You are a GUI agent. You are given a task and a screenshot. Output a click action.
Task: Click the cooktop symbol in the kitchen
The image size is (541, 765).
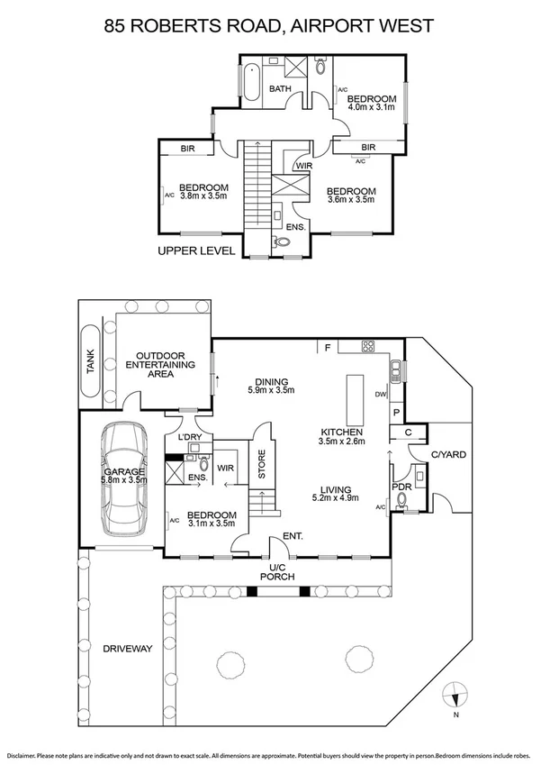pyautogui.click(x=368, y=346)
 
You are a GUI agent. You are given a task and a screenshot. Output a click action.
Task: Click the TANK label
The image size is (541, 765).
pyautogui.click(x=89, y=365)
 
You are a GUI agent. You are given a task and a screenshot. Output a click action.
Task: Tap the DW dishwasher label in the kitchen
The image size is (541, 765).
pyautogui.click(x=382, y=395)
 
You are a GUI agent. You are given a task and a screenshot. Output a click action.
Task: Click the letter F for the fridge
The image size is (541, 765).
pyautogui.click(x=329, y=346)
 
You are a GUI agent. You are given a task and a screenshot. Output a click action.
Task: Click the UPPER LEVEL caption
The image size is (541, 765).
pyautogui.click(x=196, y=251)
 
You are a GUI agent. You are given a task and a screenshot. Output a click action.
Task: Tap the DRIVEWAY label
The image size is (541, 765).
pyautogui.click(x=126, y=649)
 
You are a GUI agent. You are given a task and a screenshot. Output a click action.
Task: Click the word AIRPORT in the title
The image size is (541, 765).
pyautogui.click(x=338, y=26)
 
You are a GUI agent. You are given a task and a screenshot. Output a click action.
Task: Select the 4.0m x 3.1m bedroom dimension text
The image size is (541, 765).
pyautogui.click(x=372, y=108)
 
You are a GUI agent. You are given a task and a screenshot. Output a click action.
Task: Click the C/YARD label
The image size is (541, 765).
pyautogui.click(x=447, y=455)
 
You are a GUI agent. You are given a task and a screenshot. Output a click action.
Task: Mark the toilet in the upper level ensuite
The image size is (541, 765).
pyautogui.click(x=281, y=241)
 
